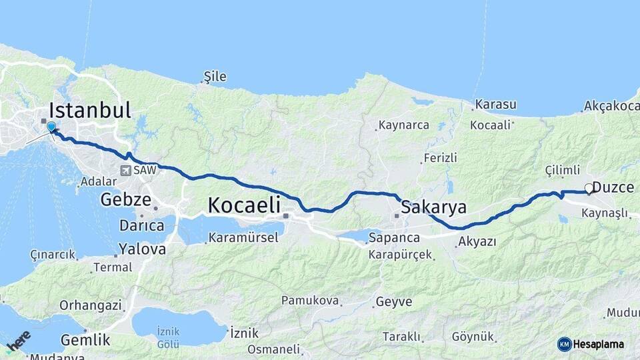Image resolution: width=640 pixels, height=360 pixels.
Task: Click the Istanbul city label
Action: pyautogui.click(x=90, y=110)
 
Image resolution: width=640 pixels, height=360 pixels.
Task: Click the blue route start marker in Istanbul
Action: pyautogui.click(x=51, y=127)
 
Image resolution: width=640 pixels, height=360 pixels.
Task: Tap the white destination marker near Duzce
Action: pyautogui.click(x=589, y=189)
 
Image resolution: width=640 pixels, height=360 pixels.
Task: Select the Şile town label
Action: pyautogui.click(x=215, y=77)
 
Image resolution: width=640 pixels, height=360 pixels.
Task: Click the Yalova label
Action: pyautogui.click(x=142, y=249)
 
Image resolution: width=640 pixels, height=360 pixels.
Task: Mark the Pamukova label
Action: pyautogui.click(x=310, y=301)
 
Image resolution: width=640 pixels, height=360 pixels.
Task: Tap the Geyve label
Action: pyautogui.click(x=394, y=301)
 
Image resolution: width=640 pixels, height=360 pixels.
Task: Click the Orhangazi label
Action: pyautogui.click(x=91, y=305)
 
